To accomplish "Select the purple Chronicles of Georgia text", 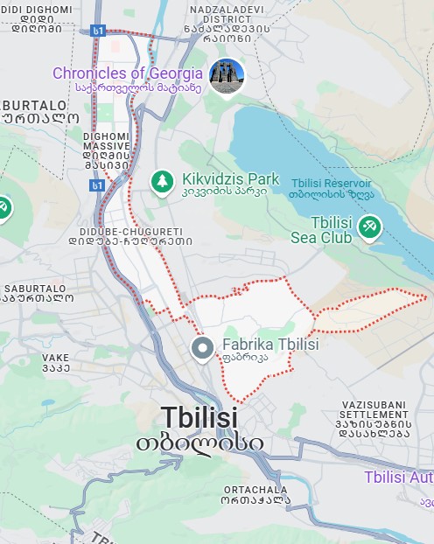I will coord(127,73).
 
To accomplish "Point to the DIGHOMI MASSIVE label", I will coord(107,149).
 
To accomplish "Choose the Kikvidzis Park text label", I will coord(230,179).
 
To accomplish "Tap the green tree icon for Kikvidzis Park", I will coord(161,181).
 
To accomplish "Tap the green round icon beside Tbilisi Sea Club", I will coord(370,227).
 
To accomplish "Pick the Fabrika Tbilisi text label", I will coord(270,345).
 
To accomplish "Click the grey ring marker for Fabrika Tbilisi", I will coord(203,348).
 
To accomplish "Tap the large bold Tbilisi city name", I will coord(199,417).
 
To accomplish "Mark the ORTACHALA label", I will coord(254,490).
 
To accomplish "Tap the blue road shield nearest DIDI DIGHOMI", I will coord(99,31).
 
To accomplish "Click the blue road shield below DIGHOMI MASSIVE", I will coord(97,185).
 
